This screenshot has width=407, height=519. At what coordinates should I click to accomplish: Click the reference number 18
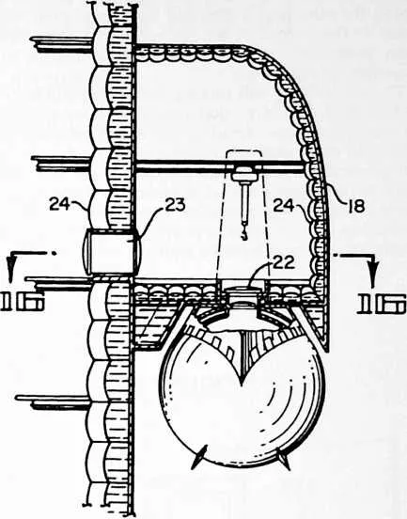[356, 207]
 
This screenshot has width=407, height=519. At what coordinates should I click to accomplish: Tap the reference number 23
[174, 206]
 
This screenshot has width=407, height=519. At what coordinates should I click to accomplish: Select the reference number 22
[284, 263]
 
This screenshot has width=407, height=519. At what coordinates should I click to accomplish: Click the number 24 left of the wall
[60, 205]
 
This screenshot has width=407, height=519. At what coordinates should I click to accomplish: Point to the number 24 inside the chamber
[284, 206]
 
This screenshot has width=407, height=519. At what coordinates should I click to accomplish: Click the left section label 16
[23, 301]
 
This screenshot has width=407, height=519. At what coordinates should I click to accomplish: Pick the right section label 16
[383, 303]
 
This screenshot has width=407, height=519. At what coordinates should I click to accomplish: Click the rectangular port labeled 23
[112, 252]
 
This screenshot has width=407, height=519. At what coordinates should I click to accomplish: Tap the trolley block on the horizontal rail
[244, 175]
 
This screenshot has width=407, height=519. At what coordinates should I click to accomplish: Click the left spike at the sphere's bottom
[198, 456]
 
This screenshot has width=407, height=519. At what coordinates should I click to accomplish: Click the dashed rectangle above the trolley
[243, 158]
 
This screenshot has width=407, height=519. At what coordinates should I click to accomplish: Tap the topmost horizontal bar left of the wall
[60, 44]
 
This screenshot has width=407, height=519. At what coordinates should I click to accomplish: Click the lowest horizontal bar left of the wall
[53, 401]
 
